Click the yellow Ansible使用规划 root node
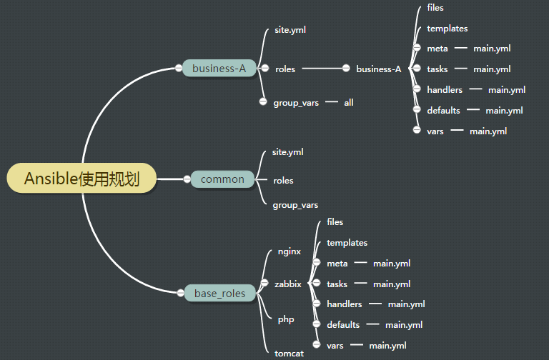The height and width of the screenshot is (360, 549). tap(81, 179)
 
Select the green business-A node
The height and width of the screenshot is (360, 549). tap(219, 69)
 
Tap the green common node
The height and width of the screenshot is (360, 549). tap(222, 179)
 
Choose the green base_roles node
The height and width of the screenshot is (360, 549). tap(219, 293)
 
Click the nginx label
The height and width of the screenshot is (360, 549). tap(289, 251)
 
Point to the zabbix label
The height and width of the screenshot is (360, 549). tap(287, 284)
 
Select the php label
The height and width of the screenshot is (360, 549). tap(286, 319)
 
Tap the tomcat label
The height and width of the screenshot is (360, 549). tap(290, 353)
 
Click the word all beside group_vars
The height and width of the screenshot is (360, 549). tap(349, 103)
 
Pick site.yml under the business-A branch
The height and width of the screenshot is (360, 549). tap(290, 31)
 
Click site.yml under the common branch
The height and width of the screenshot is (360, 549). tap(287, 152)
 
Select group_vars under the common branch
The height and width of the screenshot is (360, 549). tap(295, 205)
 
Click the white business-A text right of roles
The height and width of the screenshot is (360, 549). tap(379, 69)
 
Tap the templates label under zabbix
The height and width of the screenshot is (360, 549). tap(347, 243)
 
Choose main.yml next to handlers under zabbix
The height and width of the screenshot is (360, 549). tap(406, 304)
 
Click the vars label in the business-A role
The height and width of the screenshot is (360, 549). tap(435, 131)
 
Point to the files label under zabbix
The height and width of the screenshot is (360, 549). tap(335, 222)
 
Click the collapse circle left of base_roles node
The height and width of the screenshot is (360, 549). tap(179, 292)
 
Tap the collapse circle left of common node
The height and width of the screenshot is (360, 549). tap(186, 179)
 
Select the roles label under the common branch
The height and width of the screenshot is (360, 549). tap(283, 181)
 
